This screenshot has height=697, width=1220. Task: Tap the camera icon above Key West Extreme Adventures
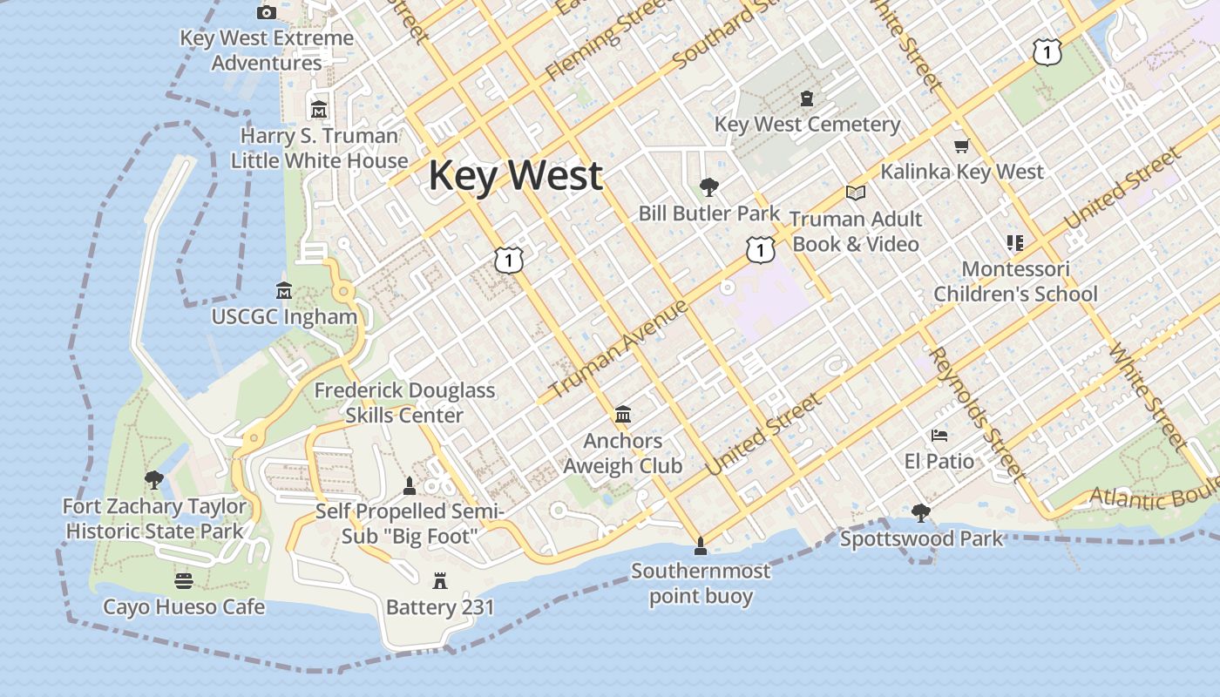click(x=267, y=12)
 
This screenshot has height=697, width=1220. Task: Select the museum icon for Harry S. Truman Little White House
click(x=319, y=110)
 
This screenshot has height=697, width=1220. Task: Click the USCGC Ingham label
click(x=284, y=317)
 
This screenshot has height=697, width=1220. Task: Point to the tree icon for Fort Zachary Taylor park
click(x=154, y=479)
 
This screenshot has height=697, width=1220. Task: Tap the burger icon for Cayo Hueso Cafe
click(x=184, y=580)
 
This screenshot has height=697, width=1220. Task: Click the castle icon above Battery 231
click(x=440, y=580)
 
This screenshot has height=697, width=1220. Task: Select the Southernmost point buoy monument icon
click(x=700, y=546)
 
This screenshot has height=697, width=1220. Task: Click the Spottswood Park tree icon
click(x=921, y=512)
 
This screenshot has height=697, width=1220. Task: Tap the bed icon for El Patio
click(x=939, y=435)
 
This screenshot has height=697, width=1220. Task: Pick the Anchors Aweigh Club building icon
click(x=623, y=415)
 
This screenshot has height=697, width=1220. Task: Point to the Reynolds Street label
click(x=975, y=413)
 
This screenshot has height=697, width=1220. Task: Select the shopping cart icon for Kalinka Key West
click(x=961, y=145)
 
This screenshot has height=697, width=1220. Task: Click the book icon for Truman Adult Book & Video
click(x=856, y=193)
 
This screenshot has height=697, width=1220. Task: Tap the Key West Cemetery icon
click(x=807, y=98)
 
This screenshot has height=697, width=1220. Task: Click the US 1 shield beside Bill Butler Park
click(x=761, y=251)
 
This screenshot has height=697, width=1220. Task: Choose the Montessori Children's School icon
click(x=1014, y=242)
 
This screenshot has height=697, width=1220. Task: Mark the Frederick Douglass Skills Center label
click(x=404, y=403)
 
